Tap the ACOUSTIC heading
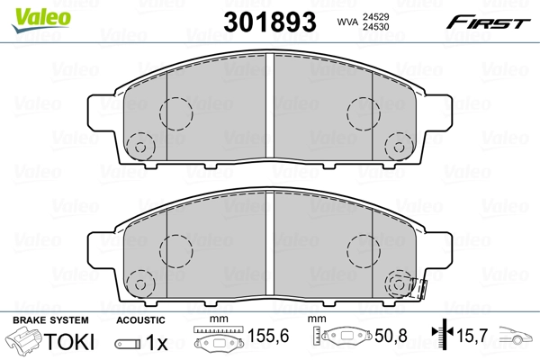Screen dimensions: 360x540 pyautogui.click(x=140, y=320)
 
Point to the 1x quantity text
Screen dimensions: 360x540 pyautogui.click(x=156, y=343)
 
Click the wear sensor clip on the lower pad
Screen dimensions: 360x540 pyautogui.click(x=416, y=288)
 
